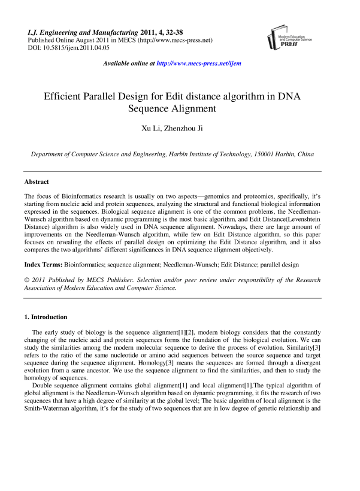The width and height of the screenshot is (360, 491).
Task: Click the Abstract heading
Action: point(37,181)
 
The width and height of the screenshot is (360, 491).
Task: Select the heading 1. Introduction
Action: point(46,317)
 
